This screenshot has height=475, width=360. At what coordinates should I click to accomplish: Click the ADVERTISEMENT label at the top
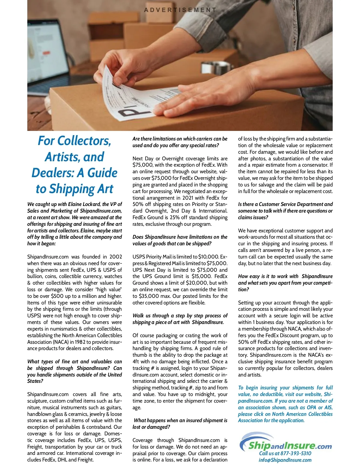180,10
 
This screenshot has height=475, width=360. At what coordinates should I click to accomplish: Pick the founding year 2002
115,257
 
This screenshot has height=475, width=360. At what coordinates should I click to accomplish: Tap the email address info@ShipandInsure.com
285,460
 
